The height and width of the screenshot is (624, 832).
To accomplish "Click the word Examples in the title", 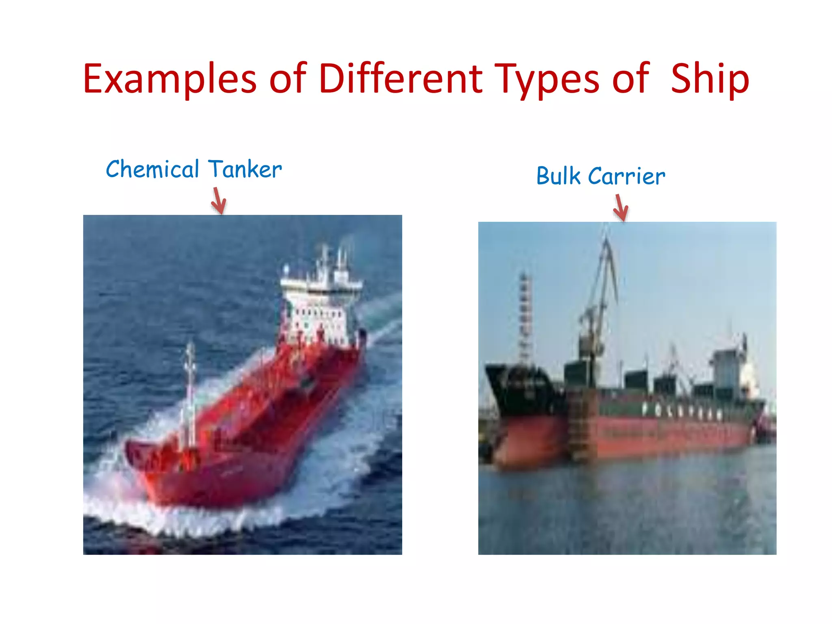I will point(170,79).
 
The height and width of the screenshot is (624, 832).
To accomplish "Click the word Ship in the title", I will point(710,79).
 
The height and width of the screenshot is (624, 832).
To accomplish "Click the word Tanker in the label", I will point(245,169).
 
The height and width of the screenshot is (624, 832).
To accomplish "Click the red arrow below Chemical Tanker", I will point(219,201).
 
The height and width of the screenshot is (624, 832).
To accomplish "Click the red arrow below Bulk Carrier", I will point(621,208).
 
